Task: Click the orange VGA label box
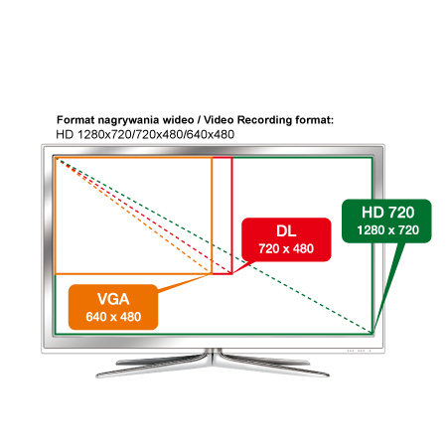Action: click(113, 307)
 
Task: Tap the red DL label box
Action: click(286, 239)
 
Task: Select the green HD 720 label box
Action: click(386, 221)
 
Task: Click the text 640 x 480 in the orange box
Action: click(113, 317)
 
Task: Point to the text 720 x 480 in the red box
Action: click(286, 248)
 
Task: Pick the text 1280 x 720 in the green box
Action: click(387, 230)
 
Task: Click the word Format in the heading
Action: click(75, 120)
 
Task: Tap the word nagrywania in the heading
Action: click(130, 120)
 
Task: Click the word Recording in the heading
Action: click(265, 120)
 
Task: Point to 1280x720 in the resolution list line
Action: click(104, 134)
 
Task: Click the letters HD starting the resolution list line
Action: click(65, 134)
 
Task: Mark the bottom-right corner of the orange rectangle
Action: click(212, 274)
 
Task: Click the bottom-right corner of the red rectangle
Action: click(231, 274)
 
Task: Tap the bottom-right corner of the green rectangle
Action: click(372, 334)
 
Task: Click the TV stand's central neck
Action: click(213, 357)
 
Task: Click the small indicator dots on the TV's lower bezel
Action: click(359, 351)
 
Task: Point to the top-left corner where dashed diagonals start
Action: click(57, 159)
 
